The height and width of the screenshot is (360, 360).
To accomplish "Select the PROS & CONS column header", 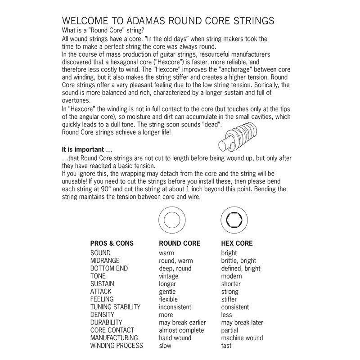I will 112,243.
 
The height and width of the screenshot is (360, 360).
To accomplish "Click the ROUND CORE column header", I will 180,243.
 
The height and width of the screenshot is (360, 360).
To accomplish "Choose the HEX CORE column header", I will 237,243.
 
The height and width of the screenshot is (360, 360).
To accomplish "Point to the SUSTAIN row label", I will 103,284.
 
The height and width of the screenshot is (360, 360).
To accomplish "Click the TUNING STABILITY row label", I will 116,307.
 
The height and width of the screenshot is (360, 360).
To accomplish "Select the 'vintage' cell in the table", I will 169,276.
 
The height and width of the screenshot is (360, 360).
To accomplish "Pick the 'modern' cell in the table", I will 232,276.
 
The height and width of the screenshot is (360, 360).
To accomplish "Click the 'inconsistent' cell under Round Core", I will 175,307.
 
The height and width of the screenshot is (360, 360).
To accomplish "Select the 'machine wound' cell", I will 242,338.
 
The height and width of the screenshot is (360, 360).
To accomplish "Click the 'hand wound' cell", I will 175,338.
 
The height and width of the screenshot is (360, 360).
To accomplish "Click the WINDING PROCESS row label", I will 117,346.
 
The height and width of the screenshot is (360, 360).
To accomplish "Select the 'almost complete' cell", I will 181,330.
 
